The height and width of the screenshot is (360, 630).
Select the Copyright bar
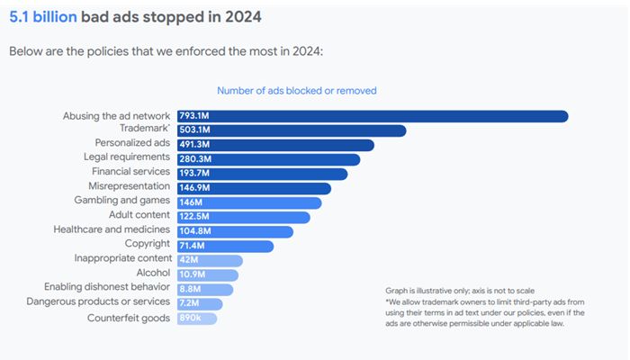tap(225, 246)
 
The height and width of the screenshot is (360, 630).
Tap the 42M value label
tap(189, 260)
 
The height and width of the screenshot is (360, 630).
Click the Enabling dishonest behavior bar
tap(205, 289)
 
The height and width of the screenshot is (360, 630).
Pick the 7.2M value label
tap(189, 304)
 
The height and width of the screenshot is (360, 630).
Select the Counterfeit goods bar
tap(197, 319)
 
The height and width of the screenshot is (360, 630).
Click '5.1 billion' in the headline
tap(41, 17)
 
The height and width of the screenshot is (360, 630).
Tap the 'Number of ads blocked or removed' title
tap(296, 90)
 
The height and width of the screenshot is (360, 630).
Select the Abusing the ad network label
tap(116, 115)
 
